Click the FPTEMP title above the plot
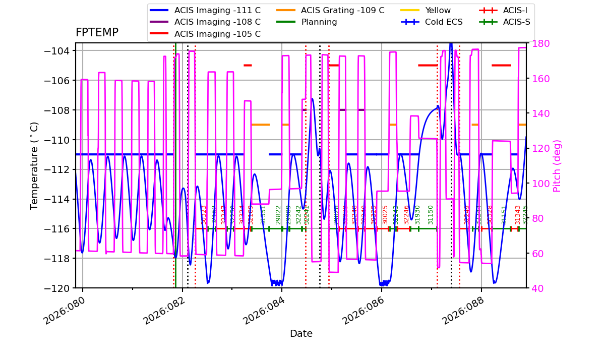pyautogui.click(x=97, y=33)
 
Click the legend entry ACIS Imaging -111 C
pyautogui.click(x=217, y=10)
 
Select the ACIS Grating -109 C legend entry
pyautogui.click(x=342, y=10)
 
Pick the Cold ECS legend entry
pyautogui.click(x=444, y=22)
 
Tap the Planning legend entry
pyautogui.click(x=319, y=22)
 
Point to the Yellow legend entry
pyautogui.click(x=438, y=10)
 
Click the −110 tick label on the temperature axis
pyautogui.click(x=59, y=140)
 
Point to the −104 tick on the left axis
pyautogui.click(x=59, y=50)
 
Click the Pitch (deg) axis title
pyautogui.click(x=557, y=165)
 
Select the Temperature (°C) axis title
pyautogui.click(x=35, y=165)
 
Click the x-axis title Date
pyautogui.click(x=301, y=334)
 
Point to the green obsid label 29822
pyautogui.click(x=278, y=215)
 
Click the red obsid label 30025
pyautogui.click(x=386, y=215)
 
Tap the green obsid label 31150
pyautogui.click(x=431, y=215)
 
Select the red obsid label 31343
pyautogui.click(x=518, y=215)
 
